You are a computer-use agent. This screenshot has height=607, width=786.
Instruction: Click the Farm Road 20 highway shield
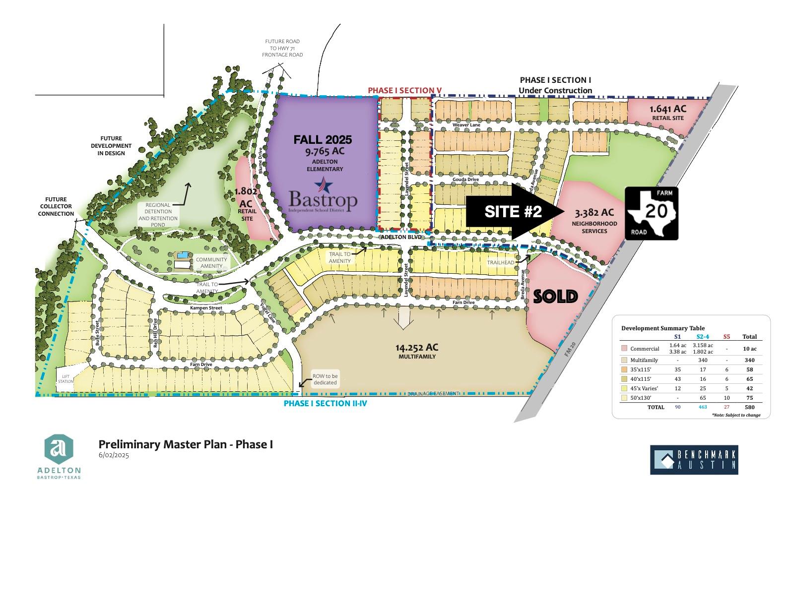pyautogui.click(x=652, y=214)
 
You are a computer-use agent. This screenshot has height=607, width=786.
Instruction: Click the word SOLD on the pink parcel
pyautogui.click(x=555, y=297)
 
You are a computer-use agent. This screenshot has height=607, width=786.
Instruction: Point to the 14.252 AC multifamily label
pyautogui.click(x=417, y=351)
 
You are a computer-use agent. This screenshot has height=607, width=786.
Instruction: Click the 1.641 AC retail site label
pyautogui.click(x=668, y=112)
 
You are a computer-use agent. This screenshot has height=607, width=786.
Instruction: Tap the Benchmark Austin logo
pyautogui.click(x=694, y=460)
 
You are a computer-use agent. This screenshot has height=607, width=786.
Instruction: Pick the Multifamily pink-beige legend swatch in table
pyautogui.click(x=624, y=360)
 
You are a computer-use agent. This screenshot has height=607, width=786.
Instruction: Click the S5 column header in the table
pyautogui.click(x=726, y=337)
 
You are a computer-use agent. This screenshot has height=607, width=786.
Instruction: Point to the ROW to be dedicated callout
pyautogui.click(x=325, y=379)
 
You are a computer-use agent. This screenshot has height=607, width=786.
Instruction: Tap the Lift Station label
pyautogui.click(x=65, y=378)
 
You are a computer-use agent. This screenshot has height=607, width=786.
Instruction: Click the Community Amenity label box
pyautogui.click(x=211, y=263)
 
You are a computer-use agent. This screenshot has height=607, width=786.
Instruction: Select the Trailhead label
pyautogui.click(x=500, y=262)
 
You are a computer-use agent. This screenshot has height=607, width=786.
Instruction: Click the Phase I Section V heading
pyautogui.click(x=404, y=90)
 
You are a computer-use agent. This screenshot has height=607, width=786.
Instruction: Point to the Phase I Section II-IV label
pyautogui.click(x=325, y=403)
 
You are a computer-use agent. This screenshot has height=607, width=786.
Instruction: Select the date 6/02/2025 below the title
pyautogui.click(x=114, y=455)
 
